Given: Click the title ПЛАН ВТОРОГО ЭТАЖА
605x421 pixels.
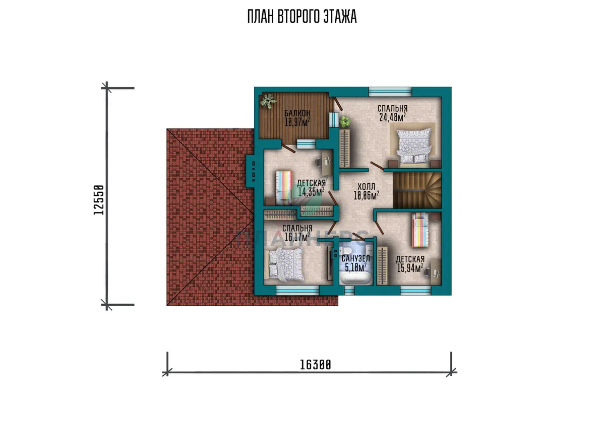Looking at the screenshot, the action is tap(302, 17).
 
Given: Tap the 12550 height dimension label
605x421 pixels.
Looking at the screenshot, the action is tap(99, 200).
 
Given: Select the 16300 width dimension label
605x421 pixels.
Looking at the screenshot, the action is tap(316, 365).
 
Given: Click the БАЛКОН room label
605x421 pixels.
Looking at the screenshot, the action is tap(297, 113).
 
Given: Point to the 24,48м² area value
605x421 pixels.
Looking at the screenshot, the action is tap(392, 117).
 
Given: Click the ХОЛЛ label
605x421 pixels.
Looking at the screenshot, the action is tap(366, 186).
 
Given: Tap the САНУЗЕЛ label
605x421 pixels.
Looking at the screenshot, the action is tap(355, 258).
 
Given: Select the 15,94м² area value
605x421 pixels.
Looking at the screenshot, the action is tap(410, 268).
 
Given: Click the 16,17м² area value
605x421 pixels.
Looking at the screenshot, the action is tap(297, 237).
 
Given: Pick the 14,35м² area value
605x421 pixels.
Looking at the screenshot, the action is tap(311, 192).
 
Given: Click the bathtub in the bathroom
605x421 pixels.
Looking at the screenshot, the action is tap(355, 278).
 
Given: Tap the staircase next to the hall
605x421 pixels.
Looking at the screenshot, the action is tap(417, 190).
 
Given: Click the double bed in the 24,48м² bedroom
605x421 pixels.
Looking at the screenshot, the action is tap(413, 146).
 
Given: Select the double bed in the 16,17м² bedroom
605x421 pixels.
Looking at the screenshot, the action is tap(286, 264).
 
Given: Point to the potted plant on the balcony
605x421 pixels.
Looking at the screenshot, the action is tap(268, 102).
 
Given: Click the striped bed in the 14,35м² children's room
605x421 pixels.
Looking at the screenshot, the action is tap(284, 188).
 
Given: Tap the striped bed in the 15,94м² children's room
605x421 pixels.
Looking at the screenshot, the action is tap(420, 230).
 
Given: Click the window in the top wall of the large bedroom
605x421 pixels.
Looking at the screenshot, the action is tap(390, 92).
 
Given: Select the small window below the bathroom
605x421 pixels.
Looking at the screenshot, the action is tap(349, 291).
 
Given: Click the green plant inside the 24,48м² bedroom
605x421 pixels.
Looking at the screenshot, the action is tap(345, 122).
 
